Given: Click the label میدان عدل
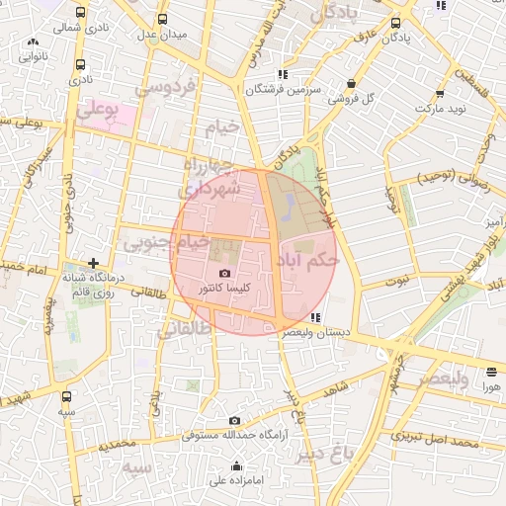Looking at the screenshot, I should [x=162, y=36].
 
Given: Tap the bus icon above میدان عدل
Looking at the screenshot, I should [x=162, y=19].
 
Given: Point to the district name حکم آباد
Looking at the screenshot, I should [x=308, y=259].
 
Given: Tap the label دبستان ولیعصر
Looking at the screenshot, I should [x=315, y=334].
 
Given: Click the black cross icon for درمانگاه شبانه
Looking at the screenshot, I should [x=92, y=264].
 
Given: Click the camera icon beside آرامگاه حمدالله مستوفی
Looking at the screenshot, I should [x=233, y=420].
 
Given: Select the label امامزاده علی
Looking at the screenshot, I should [x=233, y=481].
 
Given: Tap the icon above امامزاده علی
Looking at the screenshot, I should [x=235, y=465].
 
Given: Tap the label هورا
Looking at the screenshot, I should [x=491, y=387].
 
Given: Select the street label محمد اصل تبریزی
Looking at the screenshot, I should [x=435, y=437].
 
